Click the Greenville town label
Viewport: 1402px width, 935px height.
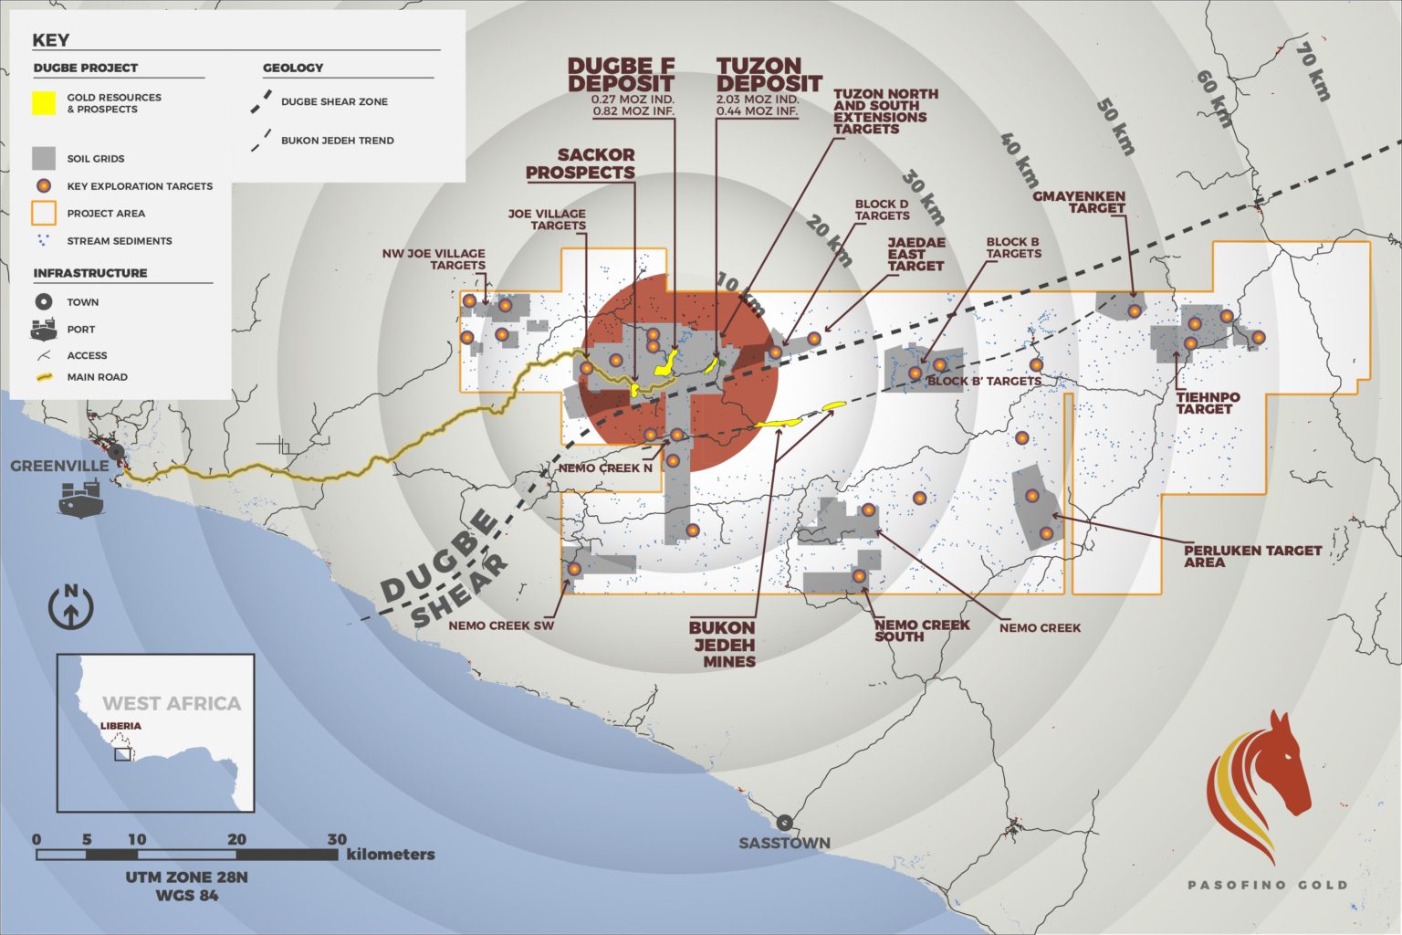click(x=59, y=466)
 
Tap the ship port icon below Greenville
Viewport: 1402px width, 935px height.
click(x=80, y=499)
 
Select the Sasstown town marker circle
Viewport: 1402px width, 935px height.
click(x=784, y=822)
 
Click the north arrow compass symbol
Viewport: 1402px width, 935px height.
click(x=70, y=606)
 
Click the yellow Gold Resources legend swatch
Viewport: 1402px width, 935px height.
click(x=44, y=103)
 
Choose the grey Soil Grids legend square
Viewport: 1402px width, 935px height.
click(x=44, y=158)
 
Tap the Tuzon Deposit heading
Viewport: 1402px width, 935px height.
click(x=769, y=75)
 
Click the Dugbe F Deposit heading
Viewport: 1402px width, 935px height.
click(x=621, y=75)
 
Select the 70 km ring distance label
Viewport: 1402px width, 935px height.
click(x=1314, y=70)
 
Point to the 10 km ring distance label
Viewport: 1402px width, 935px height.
click(x=739, y=294)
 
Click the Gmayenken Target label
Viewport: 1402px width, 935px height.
click(x=1079, y=202)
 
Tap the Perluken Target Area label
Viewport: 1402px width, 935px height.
click(x=1251, y=556)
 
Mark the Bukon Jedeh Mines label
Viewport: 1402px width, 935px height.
click(x=722, y=644)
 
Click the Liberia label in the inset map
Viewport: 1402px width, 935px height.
click(x=120, y=726)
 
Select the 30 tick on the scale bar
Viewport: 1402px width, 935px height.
click(x=337, y=839)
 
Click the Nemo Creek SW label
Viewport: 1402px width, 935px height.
click(x=501, y=625)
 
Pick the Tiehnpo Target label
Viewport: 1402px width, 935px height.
click(x=1207, y=403)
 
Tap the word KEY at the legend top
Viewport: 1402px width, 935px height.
click(x=50, y=40)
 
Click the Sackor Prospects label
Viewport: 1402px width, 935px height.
click(x=581, y=163)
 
